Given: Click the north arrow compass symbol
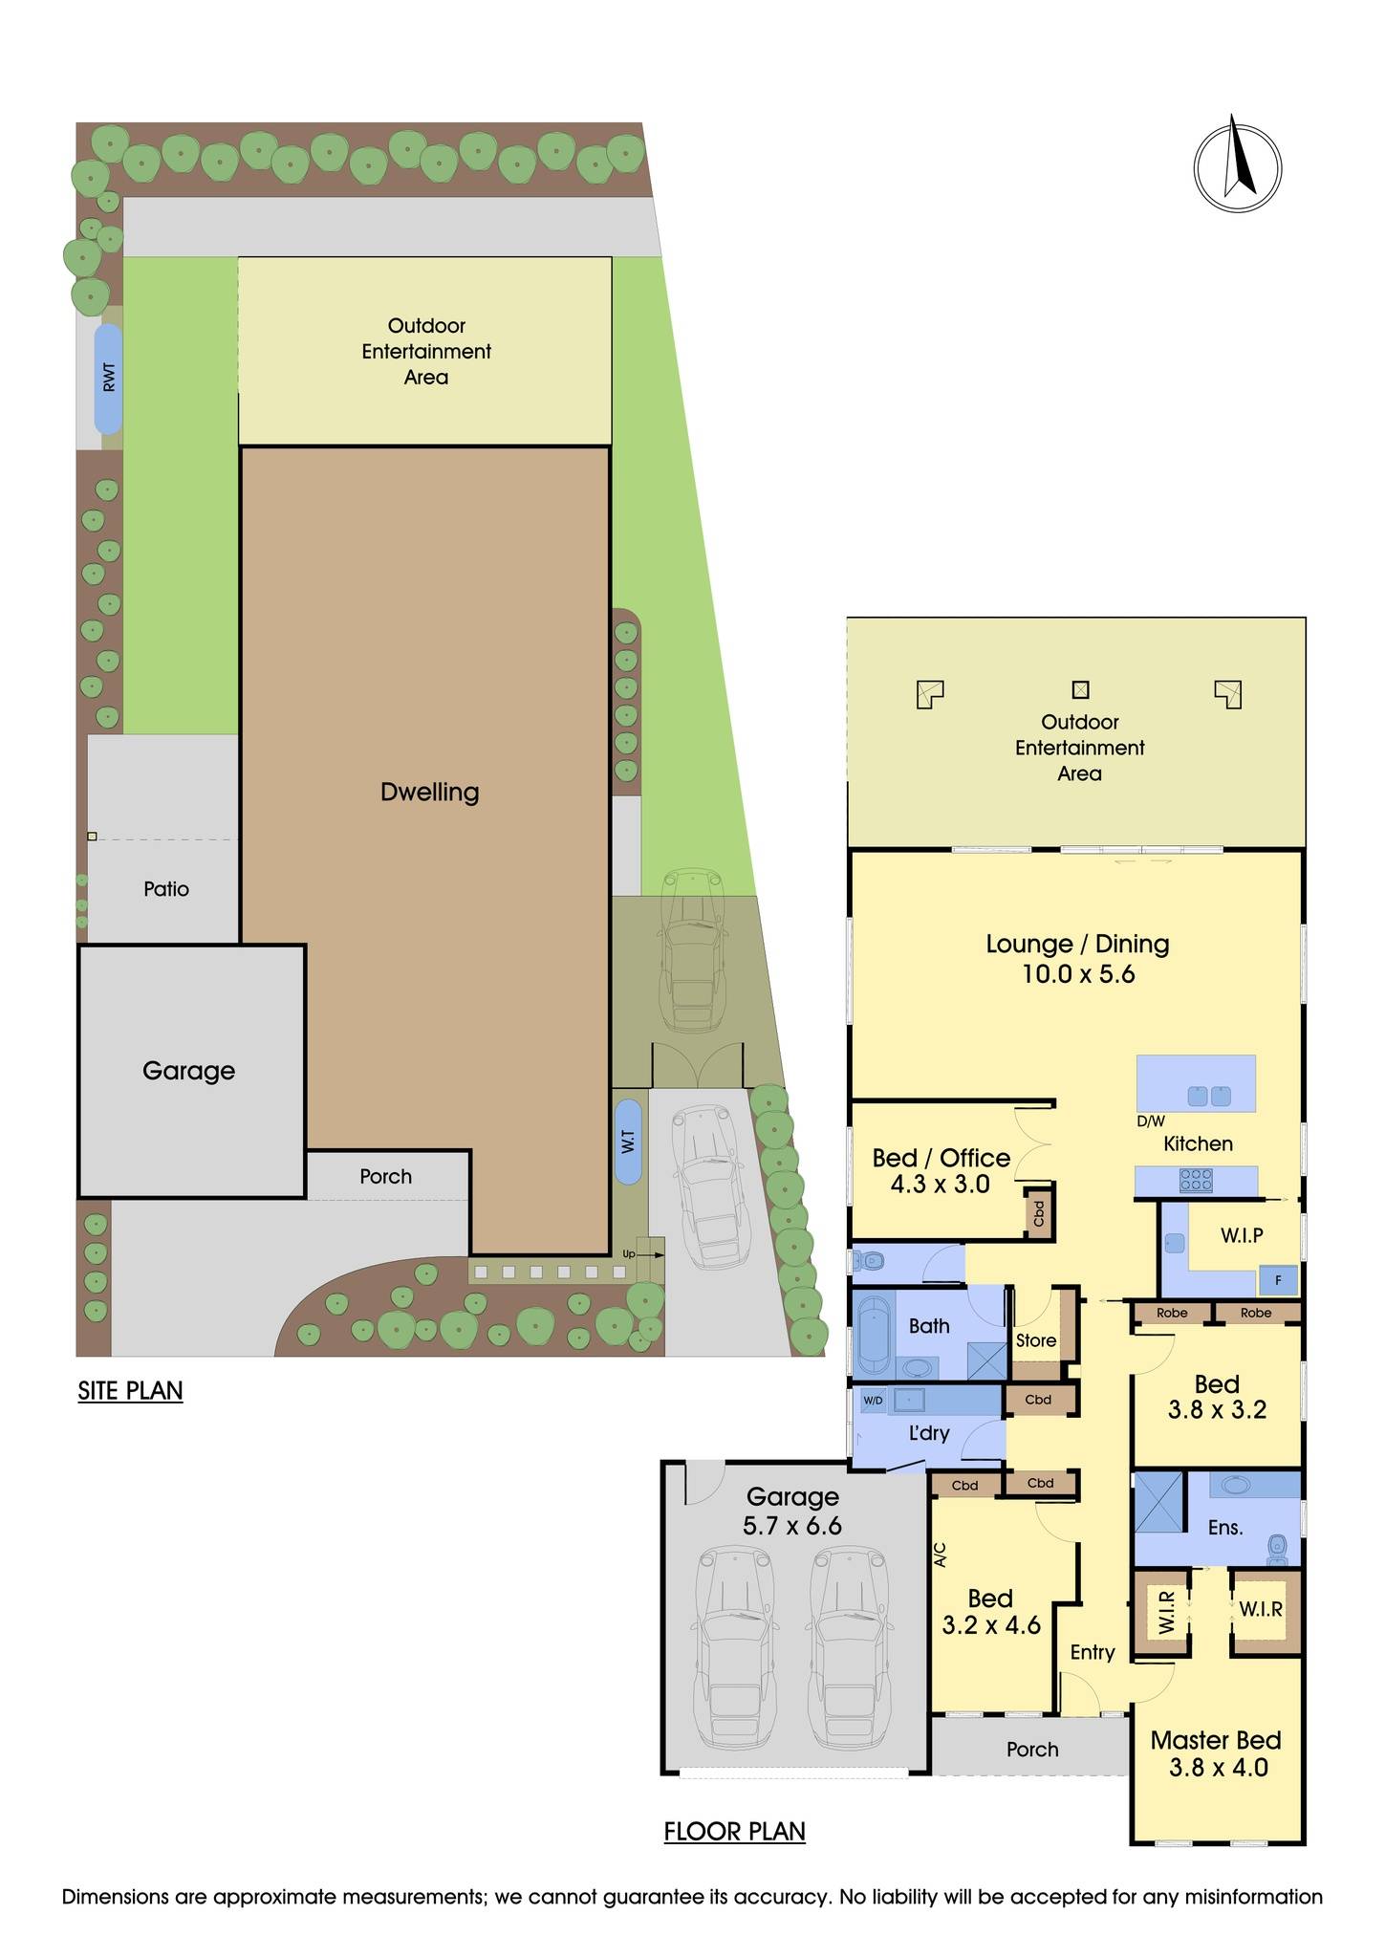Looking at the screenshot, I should (1237, 166).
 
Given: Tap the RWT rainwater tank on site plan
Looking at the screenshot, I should (108, 378).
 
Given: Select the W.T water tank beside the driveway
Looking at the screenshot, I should (628, 1141).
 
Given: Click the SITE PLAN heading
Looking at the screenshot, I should (130, 1390).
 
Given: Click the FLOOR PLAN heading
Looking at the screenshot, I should (734, 1831).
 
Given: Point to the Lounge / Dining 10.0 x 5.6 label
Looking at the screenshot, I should (1077, 958).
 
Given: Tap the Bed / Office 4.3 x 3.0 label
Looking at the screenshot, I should (941, 1170).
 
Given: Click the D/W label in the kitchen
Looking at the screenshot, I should (1150, 1121).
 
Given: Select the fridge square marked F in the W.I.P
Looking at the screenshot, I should (1278, 1279).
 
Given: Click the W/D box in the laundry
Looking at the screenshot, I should (873, 1401).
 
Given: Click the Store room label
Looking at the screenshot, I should (1035, 1340).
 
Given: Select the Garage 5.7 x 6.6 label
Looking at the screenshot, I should (792, 1511).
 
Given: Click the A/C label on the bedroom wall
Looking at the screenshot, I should (940, 1554).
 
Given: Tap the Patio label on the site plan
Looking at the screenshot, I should (166, 889).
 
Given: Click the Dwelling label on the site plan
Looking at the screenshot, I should (429, 792).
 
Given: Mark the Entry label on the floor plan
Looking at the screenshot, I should (1092, 1652).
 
